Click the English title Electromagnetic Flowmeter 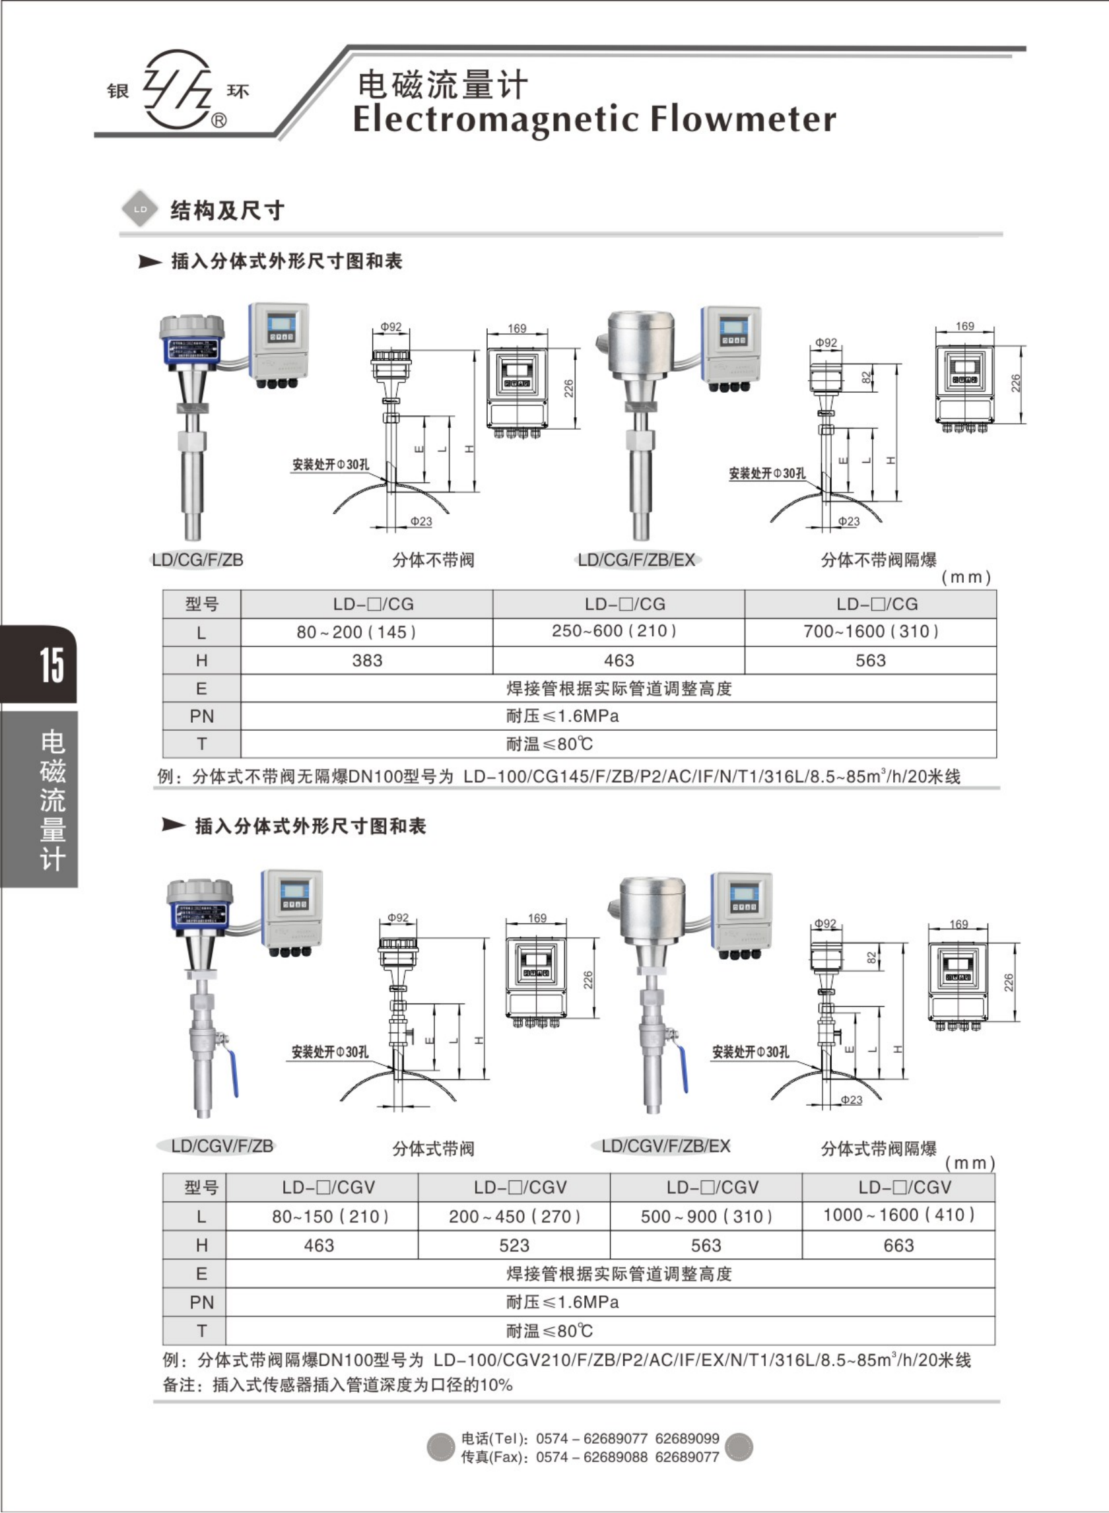pyautogui.click(x=594, y=119)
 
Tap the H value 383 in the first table pyautogui.click(x=366, y=661)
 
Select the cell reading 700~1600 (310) pyautogui.click(x=871, y=632)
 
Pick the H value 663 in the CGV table pyautogui.click(x=898, y=1246)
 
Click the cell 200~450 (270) pyautogui.click(x=514, y=1217)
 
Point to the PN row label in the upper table pyautogui.click(x=201, y=716)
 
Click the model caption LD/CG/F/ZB pyautogui.click(x=197, y=560)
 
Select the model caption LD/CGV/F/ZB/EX pyautogui.click(x=665, y=1147)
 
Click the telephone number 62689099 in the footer pyautogui.click(x=687, y=1439)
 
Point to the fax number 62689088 pyautogui.click(x=616, y=1458)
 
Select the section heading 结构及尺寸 pyautogui.click(x=227, y=211)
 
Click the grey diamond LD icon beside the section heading pyautogui.click(x=140, y=209)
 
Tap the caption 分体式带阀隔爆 pyautogui.click(x=878, y=1149)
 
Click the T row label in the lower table pyautogui.click(x=201, y=1331)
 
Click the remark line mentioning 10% pyautogui.click(x=338, y=1385)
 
